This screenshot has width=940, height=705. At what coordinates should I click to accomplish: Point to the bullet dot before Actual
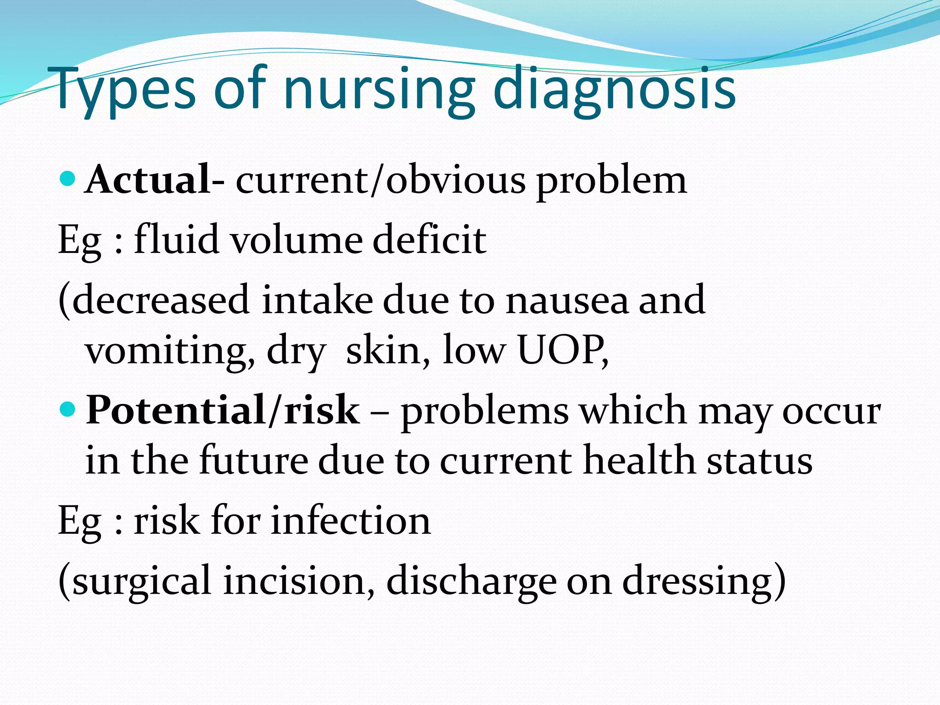[x=67, y=178]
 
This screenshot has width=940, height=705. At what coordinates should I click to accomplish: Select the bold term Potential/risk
[x=223, y=410]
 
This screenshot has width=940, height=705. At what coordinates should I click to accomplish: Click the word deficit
[x=429, y=240]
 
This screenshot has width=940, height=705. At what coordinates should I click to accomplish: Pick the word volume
[x=296, y=240]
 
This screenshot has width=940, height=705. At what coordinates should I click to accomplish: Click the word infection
[x=351, y=521]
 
